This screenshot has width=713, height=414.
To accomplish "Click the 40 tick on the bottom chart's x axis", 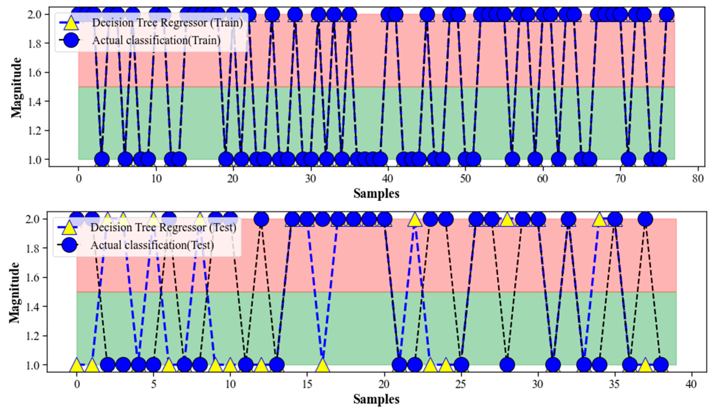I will tap(691, 384).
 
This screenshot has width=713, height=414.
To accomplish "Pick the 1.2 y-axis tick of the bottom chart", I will tap(34, 336).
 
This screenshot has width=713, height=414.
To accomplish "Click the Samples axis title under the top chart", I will tap(376, 194).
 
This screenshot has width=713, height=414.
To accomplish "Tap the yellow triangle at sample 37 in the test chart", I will tap(645, 365).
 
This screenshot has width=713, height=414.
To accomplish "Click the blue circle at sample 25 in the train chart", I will tap(272, 14).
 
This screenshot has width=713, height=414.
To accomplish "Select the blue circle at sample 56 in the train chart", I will tap(512, 159).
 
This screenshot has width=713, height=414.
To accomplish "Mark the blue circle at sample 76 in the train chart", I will tap(666, 14).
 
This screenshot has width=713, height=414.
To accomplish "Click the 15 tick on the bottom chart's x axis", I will tap(307, 384).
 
